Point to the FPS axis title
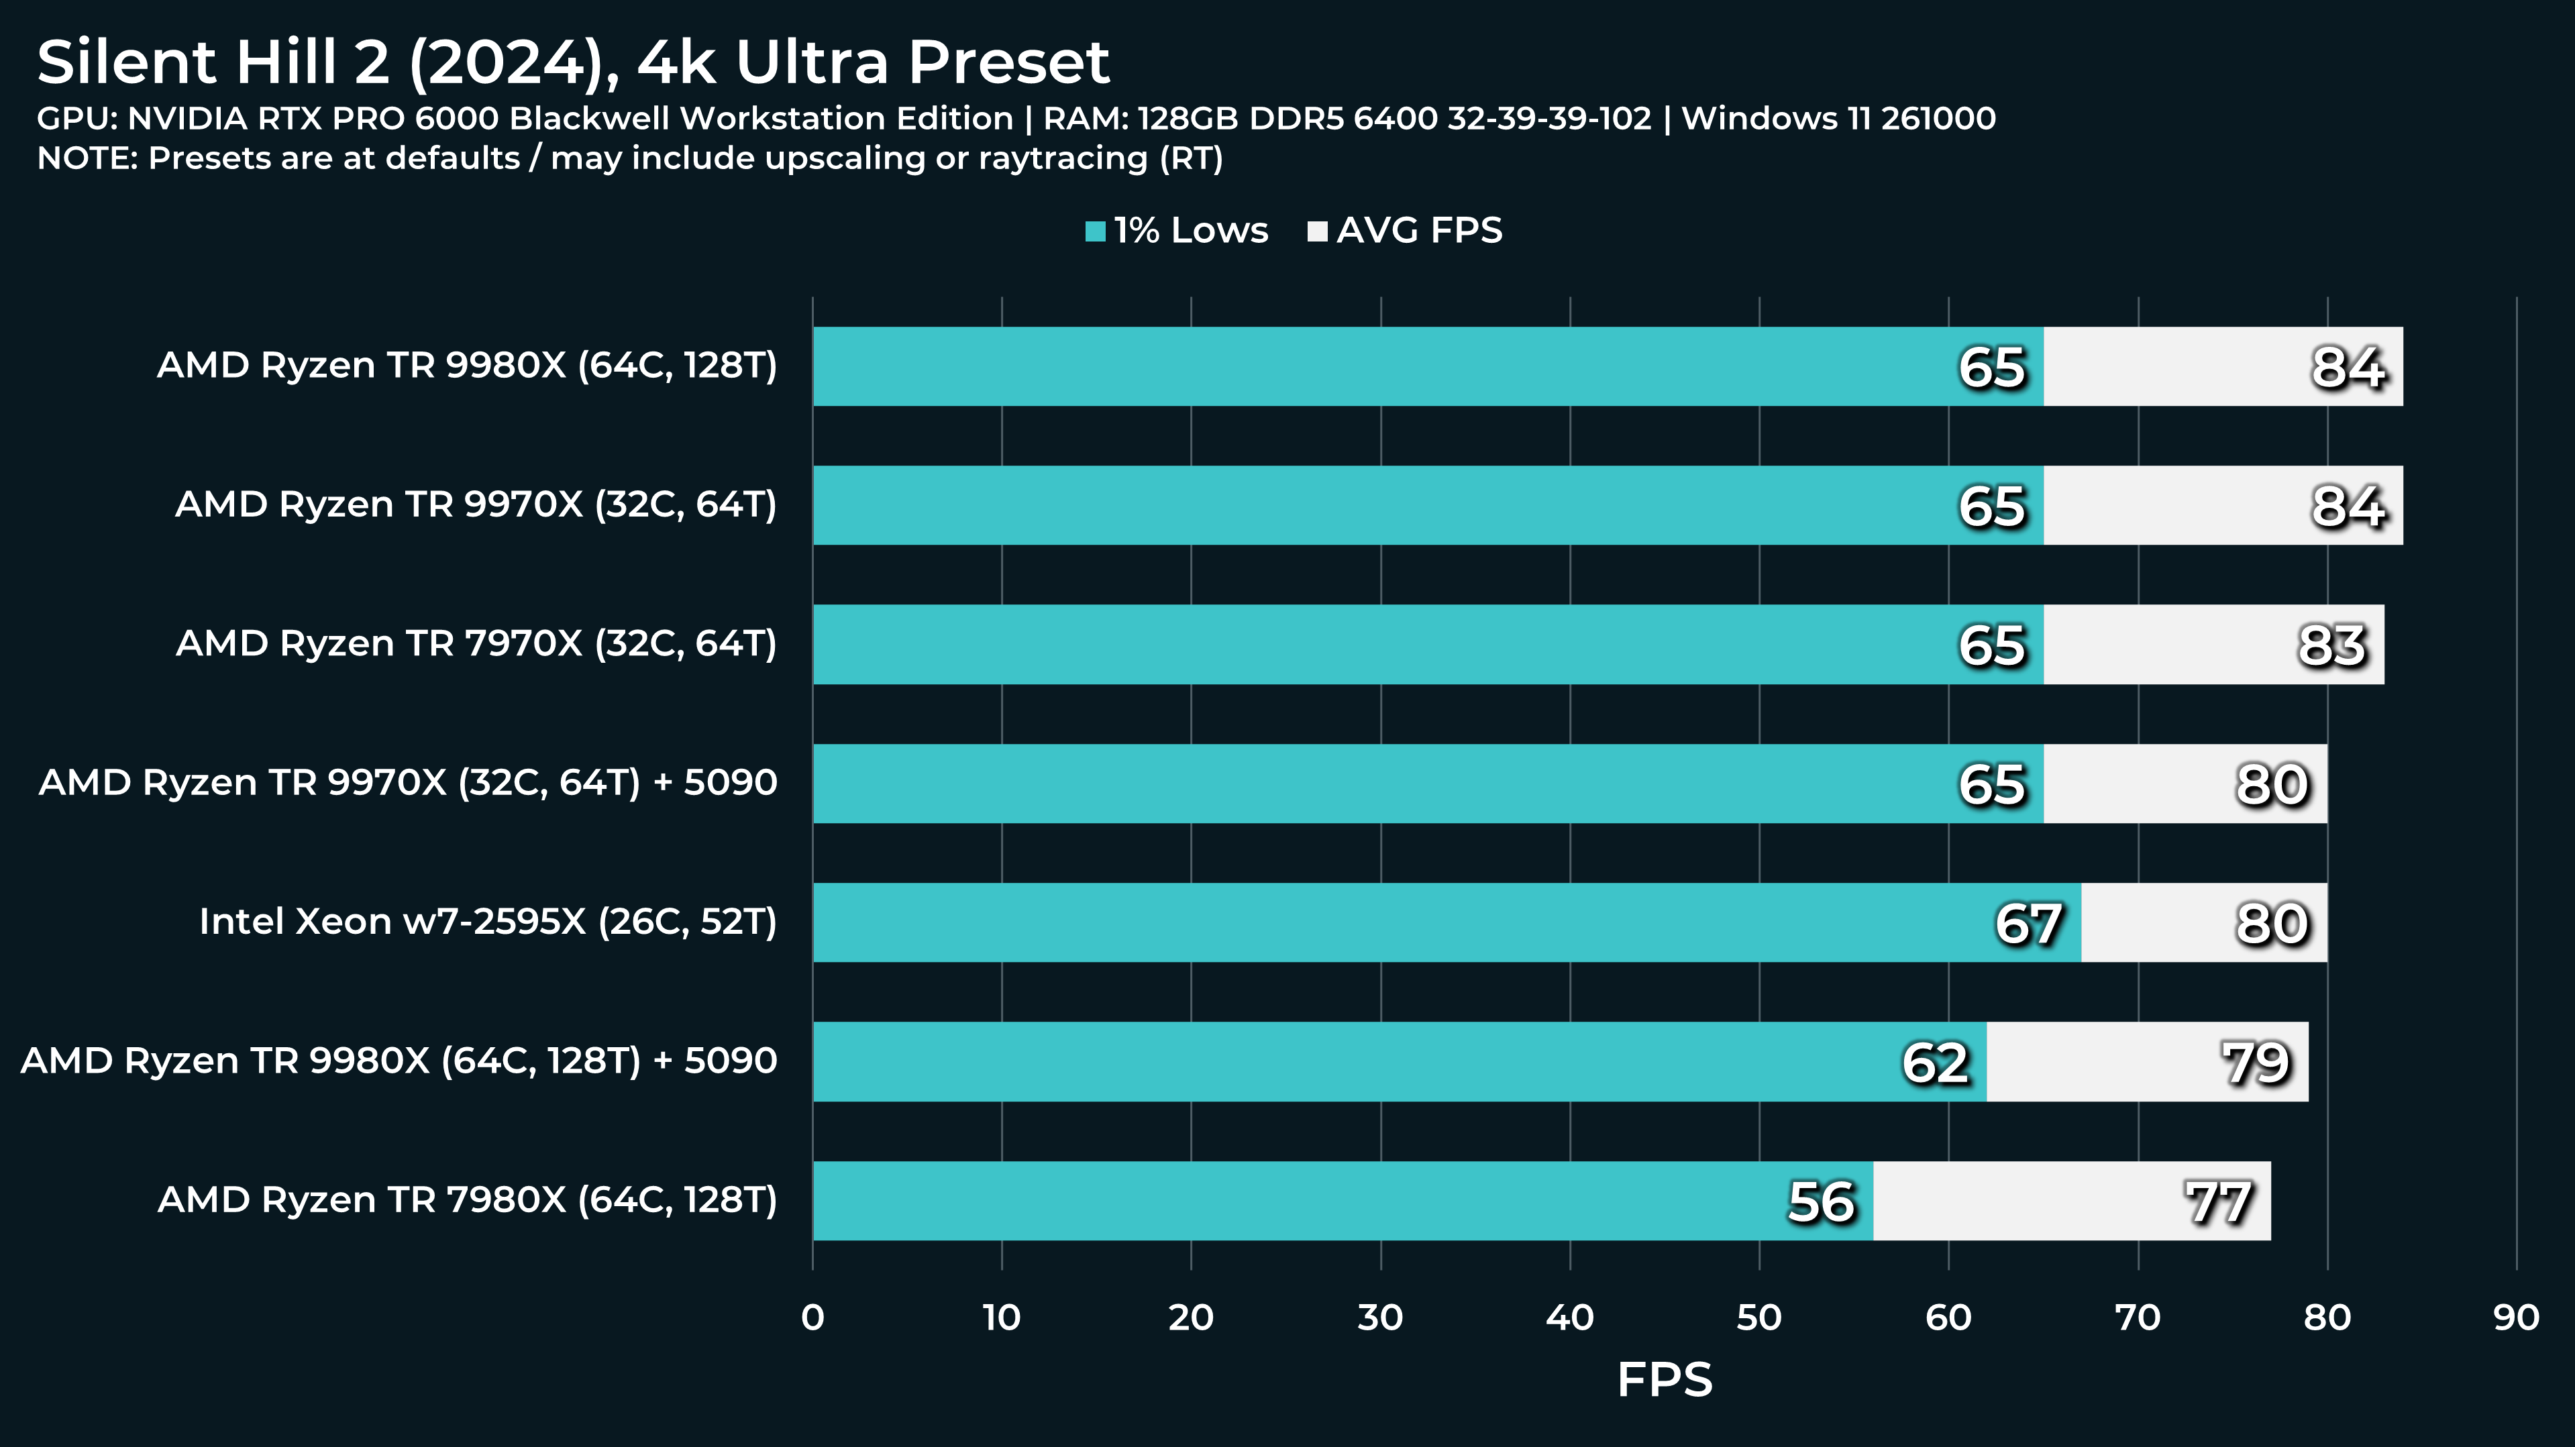pyautogui.click(x=1663, y=1379)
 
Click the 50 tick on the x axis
pyautogui.click(x=1758, y=1317)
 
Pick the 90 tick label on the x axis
pyautogui.click(x=2515, y=1317)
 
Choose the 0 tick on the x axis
pyautogui.click(x=812, y=1317)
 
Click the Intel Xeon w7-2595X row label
pyautogui.click(x=488, y=921)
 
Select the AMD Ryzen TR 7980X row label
pyautogui.click(x=467, y=1199)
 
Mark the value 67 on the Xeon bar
pyautogui.click(x=2028, y=923)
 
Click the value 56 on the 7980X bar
pyautogui.click(x=1820, y=1201)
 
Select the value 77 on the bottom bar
pyautogui.click(x=2218, y=1201)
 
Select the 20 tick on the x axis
pyautogui.click(x=1190, y=1317)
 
